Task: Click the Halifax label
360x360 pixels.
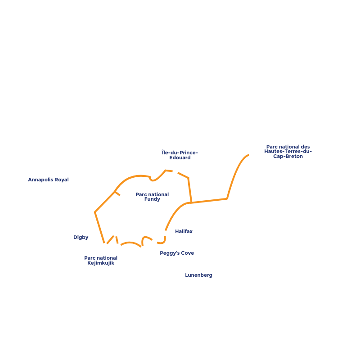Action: point(184,231)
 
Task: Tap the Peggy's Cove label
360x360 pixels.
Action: point(177,253)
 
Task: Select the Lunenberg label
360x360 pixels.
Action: point(198,275)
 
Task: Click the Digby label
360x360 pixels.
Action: point(81,237)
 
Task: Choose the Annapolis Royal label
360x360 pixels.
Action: point(48,180)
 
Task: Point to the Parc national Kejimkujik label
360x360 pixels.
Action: point(101,261)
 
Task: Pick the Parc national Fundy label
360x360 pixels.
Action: point(152,197)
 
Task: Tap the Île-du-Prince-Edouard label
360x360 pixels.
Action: point(180,155)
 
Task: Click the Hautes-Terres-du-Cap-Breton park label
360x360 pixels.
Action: point(288,151)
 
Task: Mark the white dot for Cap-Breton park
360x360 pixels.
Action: point(252,155)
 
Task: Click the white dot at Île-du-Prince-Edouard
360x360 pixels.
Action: point(175,171)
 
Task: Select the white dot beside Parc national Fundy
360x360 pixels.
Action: point(122,197)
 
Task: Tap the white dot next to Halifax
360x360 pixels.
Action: point(164,233)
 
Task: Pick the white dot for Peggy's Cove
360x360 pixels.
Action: point(154,242)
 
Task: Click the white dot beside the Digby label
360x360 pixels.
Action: point(105,246)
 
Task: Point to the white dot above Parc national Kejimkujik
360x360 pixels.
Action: point(118,246)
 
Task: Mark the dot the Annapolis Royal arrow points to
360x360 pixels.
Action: point(115,233)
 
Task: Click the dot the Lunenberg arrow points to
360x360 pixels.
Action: point(143,248)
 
